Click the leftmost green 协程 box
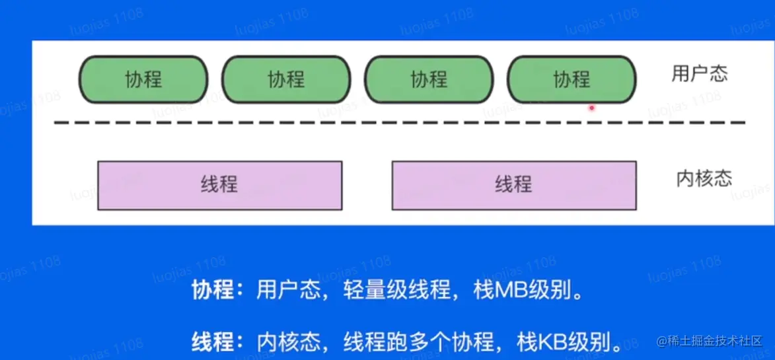click(143, 80)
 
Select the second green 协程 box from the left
click(285, 80)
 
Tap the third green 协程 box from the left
click(429, 80)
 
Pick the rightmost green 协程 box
click(572, 80)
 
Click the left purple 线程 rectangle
click(219, 185)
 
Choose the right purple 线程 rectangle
click(514, 185)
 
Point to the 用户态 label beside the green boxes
click(699, 73)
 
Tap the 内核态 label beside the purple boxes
click(704, 178)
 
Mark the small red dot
click(592, 108)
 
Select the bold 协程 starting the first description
click(213, 291)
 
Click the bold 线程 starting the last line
click(213, 342)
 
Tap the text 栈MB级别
click(528, 291)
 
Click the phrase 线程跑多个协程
click(418, 342)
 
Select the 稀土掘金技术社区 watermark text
click(718, 341)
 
